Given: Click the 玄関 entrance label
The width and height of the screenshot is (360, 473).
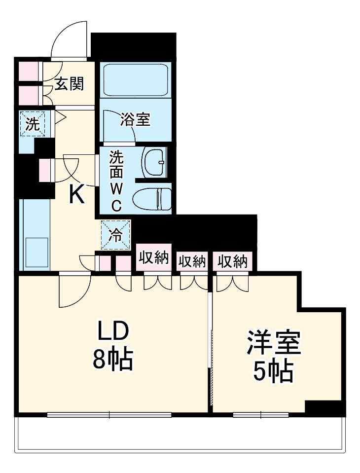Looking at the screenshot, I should [69, 84].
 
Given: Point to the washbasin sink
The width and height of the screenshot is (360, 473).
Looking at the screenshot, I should [155, 162].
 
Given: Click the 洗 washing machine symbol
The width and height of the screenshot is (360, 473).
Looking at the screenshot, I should [33, 124].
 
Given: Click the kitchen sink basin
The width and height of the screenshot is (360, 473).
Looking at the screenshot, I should [34, 252].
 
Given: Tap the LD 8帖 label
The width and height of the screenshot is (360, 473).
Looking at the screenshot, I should [113, 347].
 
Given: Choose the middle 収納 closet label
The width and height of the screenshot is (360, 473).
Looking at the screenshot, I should [192, 261].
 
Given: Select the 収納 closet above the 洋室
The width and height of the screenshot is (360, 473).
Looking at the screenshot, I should [232, 261].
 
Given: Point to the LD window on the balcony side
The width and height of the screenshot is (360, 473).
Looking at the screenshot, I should [109, 415].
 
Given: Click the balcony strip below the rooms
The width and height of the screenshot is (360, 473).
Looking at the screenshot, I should [180, 434].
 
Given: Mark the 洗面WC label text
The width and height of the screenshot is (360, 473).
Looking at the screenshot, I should [116, 180].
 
